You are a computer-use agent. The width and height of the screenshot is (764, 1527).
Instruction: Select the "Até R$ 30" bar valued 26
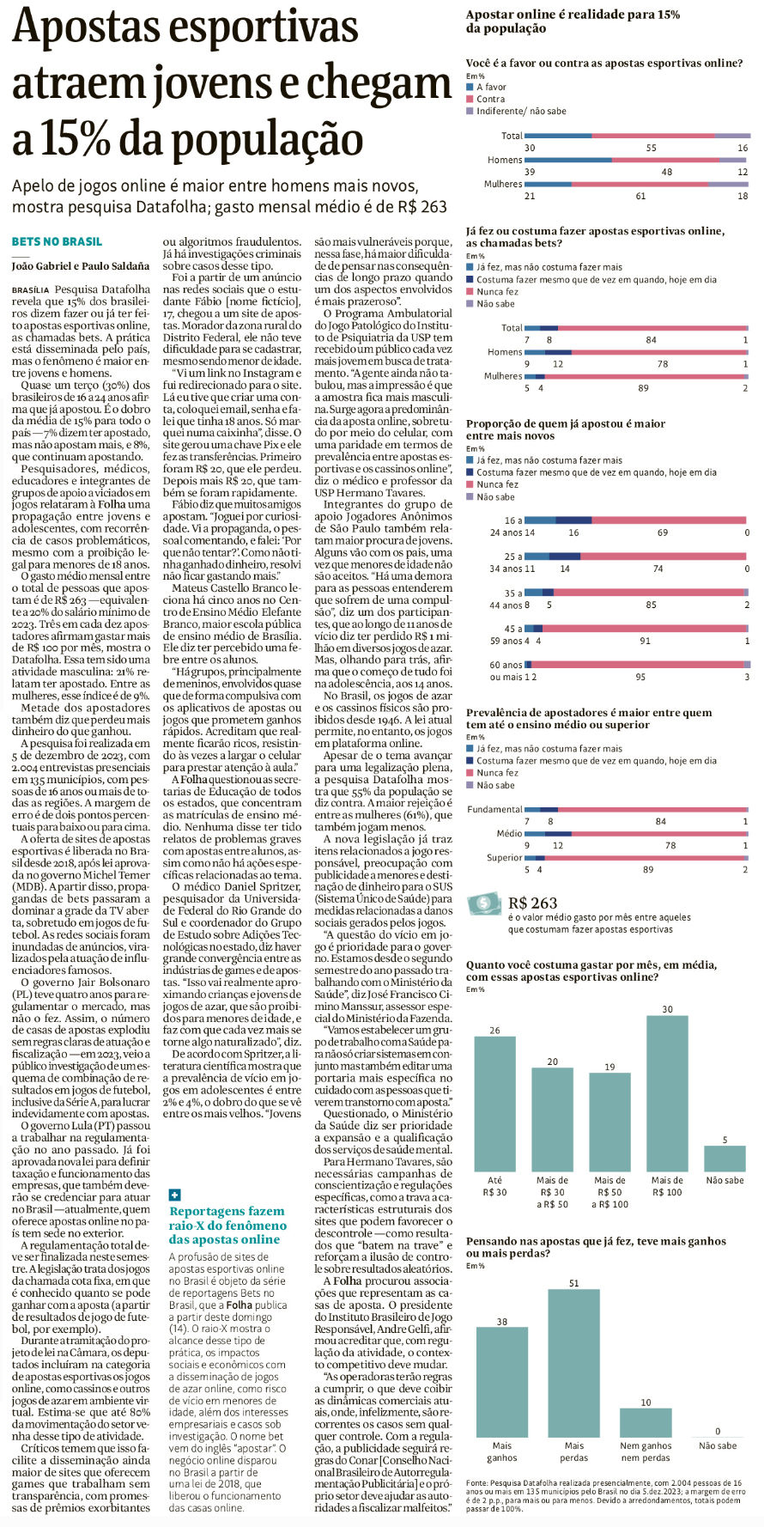click(495, 1104)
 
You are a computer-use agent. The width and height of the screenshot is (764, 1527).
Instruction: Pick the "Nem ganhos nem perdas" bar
click(646, 1422)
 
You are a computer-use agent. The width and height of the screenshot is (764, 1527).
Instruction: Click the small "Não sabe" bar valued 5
click(725, 1159)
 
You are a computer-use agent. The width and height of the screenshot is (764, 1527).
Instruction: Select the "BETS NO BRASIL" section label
click(57, 242)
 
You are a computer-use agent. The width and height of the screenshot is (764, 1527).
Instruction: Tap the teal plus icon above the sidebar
click(174, 1195)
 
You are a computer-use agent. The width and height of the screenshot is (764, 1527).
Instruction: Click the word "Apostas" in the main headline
click(83, 27)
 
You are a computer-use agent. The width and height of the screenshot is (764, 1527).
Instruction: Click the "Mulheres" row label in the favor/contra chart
click(503, 184)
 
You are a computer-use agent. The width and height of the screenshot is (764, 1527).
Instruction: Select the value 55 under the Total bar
click(652, 149)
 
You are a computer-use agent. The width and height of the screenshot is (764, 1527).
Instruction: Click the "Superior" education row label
click(504, 857)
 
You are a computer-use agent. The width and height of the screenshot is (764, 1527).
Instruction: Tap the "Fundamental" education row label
click(494, 809)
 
